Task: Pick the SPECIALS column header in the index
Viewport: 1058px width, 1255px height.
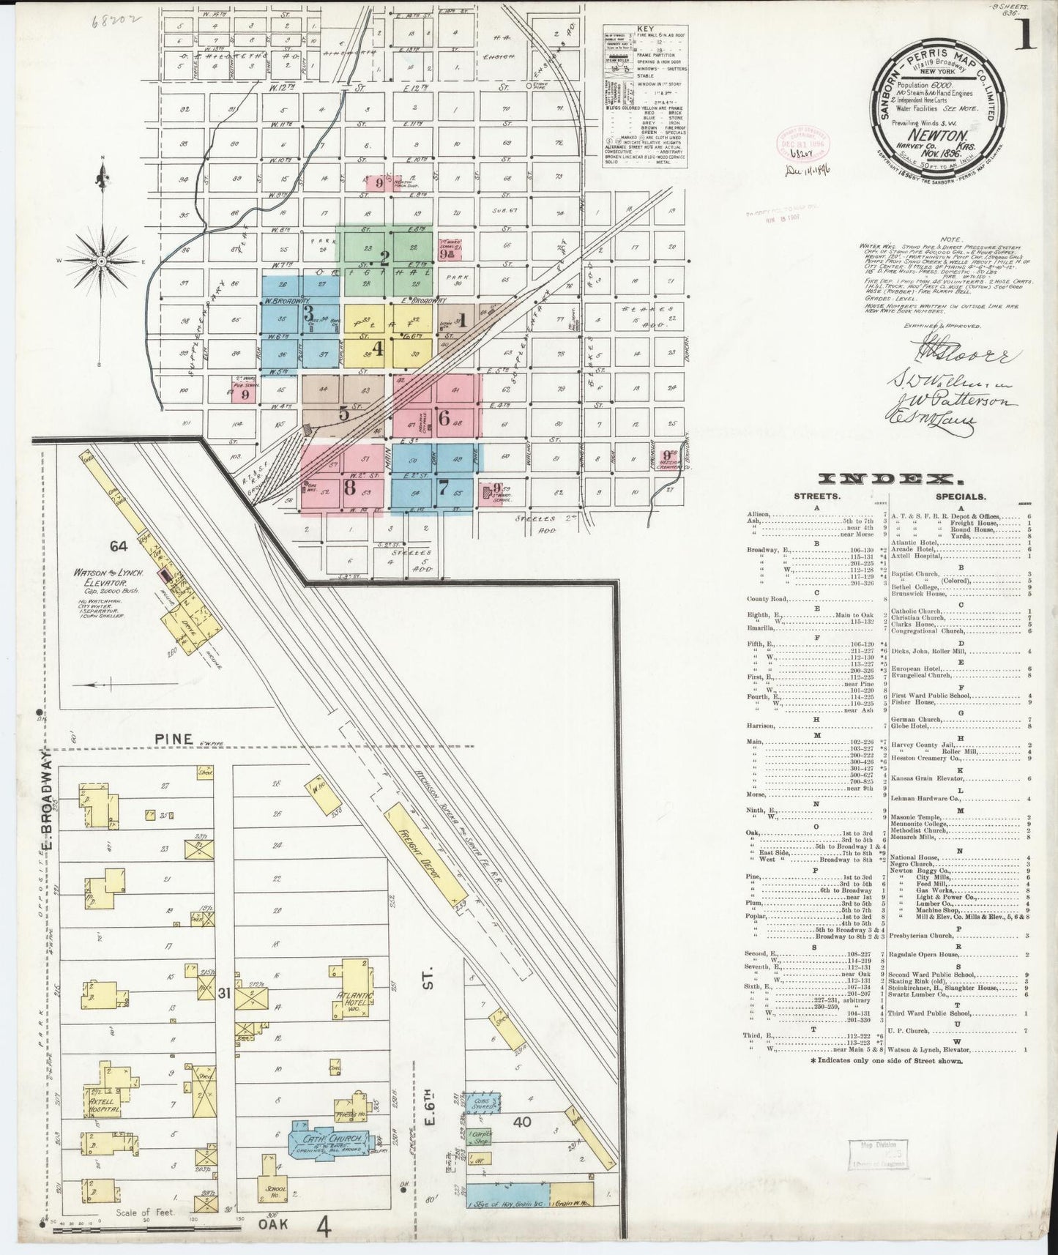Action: click(x=957, y=496)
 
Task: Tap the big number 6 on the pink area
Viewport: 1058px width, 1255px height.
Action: click(x=444, y=418)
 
